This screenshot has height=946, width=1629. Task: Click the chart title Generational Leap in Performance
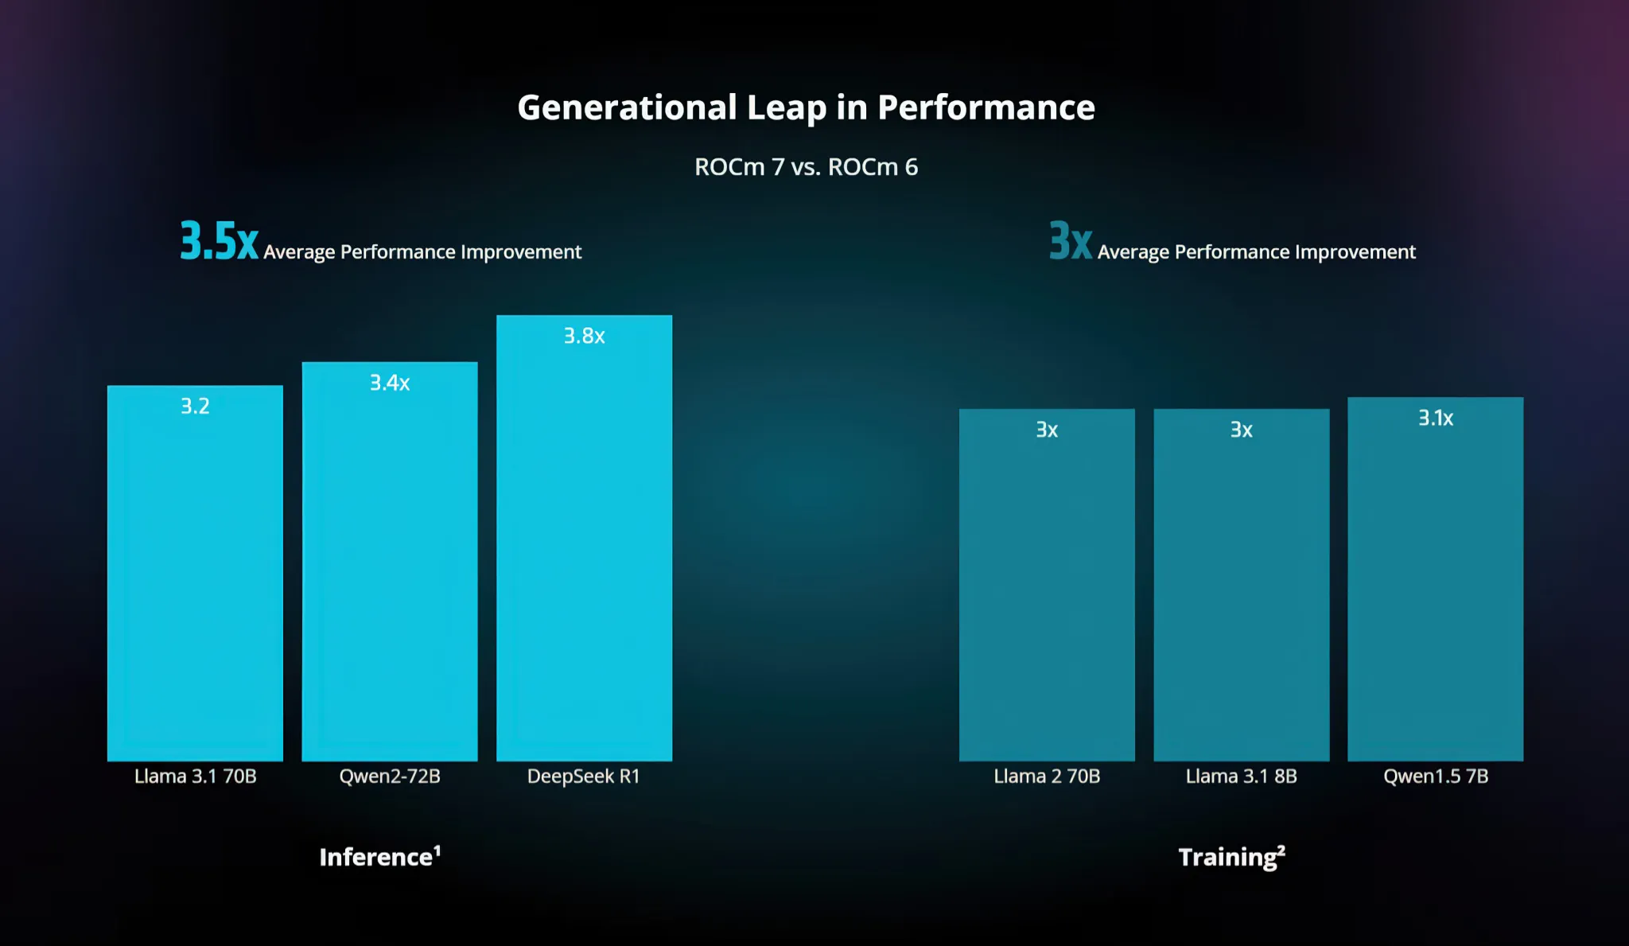pos(806,108)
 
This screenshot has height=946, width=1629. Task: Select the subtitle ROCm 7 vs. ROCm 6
pos(806,167)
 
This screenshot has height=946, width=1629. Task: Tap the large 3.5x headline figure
pos(219,241)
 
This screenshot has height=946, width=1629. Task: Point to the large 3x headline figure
pos(1071,241)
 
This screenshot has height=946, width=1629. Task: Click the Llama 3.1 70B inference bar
pos(195,573)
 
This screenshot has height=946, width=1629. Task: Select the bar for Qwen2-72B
pos(390,561)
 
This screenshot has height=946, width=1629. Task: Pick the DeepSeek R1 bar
pos(585,538)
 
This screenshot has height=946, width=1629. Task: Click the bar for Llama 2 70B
pos(1047,585)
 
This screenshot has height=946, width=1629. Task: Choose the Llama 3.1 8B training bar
pos(1242,585)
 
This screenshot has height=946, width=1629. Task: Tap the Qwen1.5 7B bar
pos(1436,578)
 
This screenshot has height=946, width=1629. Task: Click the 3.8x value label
pos(585,337)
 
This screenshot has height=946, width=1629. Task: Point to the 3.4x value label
pos(390,383)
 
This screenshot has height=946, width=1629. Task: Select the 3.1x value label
pos(1436,418)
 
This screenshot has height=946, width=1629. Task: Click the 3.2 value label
pos(195,407)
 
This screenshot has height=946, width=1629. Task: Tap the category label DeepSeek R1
pos(584,777)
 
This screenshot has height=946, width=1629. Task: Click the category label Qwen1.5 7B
pos(1436,777)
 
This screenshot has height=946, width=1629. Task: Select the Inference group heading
pos(380,857)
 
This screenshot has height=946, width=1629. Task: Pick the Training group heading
pos(1232,858)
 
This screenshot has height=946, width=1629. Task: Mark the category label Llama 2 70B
pos(1047,777)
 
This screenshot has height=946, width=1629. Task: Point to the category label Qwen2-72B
pos(390,777)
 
